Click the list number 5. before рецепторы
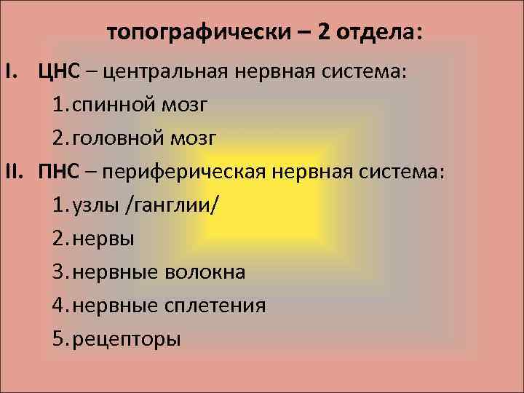pyautogui.click(x=61, y=339)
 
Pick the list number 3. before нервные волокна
pyautogui.click(x=61, y=272)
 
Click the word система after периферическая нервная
pyautogui.click(x=403, y=172)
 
